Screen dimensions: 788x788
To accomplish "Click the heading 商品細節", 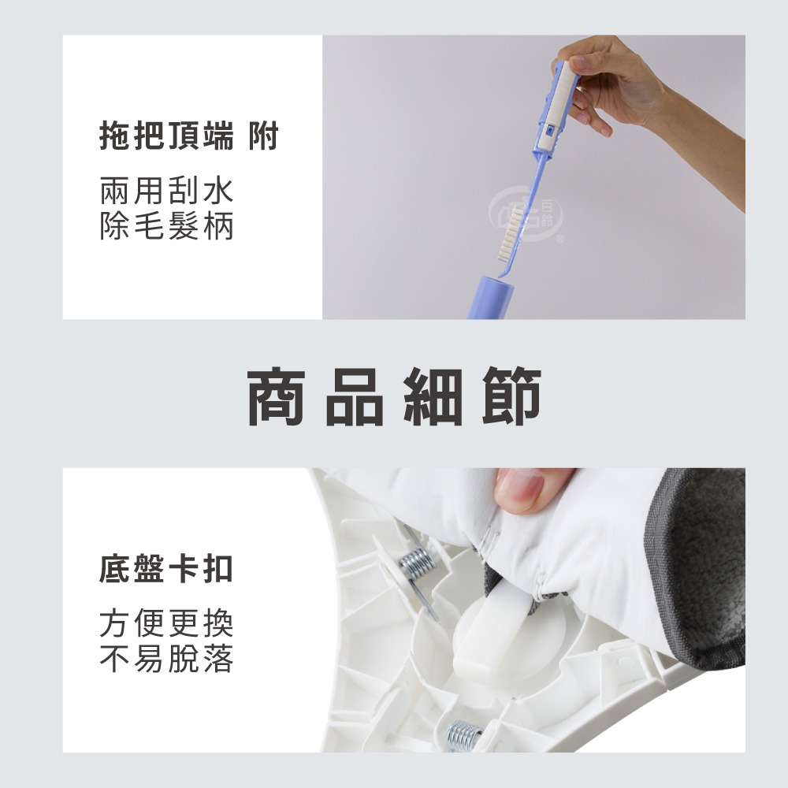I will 394,397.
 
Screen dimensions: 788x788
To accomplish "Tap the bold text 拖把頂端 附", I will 189,138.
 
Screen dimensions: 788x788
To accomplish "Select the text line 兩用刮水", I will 166,191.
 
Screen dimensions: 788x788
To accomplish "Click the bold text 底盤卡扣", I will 166,569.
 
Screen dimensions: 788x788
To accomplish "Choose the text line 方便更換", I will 166,624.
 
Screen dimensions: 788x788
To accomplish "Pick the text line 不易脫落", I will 166,660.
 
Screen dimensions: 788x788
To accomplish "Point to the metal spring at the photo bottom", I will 462,735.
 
